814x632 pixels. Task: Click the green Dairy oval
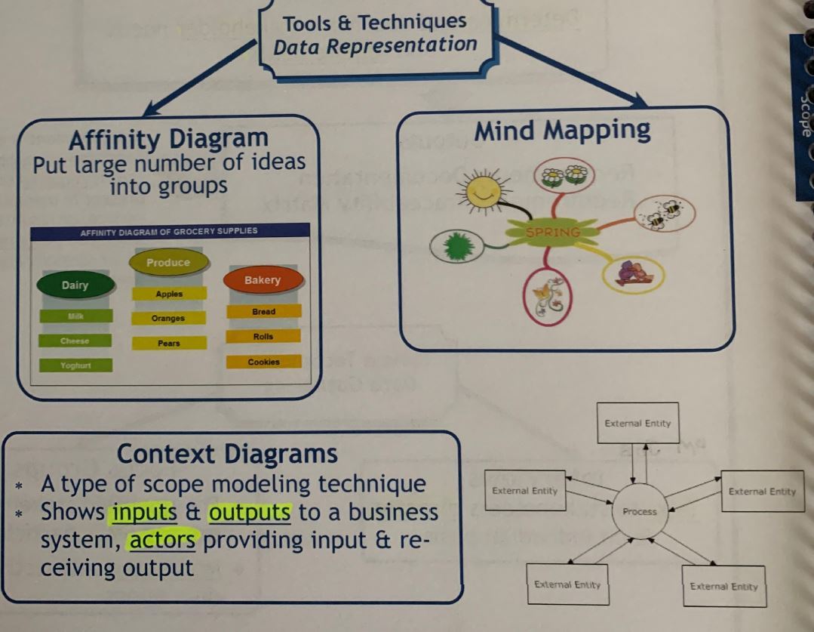pos(75,285)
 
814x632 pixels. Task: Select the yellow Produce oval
pos(168,263)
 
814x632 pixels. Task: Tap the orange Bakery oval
pos(263,280)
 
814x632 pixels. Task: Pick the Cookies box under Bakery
pos(263,362)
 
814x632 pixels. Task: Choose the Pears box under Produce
pos(169,344)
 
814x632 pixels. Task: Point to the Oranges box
pos(167,319)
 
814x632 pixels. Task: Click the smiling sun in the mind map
pos(482,191)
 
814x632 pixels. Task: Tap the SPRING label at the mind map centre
pos(553,232)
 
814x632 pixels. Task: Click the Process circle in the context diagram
pos(640,512)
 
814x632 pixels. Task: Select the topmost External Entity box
pos(637,424)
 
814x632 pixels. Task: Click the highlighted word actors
pos(162,541)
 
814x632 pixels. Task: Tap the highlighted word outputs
pos(250,513)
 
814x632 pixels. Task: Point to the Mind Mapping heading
pos(562,131)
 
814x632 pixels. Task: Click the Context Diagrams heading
pos(227,454)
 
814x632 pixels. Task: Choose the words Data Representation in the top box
pos(375,46)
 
